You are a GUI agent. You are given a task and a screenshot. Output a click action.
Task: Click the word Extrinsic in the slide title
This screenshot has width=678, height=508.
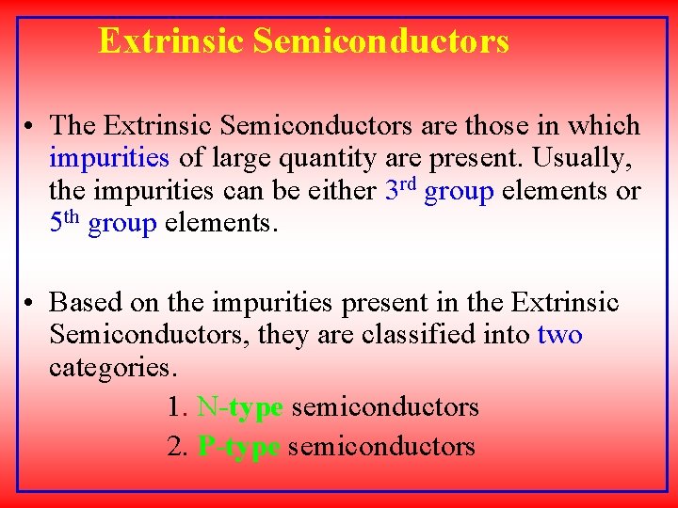(x=170, y=41)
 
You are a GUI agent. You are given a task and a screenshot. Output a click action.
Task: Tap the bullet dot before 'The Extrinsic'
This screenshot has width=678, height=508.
(x=31, y=126)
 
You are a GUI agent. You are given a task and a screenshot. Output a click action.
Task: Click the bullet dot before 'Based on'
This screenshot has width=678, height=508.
(x=31, y=303)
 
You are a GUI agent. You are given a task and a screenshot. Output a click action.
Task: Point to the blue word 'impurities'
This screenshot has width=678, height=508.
(x=109, y=158)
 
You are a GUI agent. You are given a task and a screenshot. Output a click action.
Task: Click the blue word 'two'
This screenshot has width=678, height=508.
(x=559, y=335)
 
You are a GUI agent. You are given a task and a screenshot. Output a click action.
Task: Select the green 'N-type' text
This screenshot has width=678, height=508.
(x=240, y=407)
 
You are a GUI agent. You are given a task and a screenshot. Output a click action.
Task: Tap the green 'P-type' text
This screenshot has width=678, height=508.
(x=239, y=446)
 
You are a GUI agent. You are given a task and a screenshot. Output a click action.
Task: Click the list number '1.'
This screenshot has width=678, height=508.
(x=177, y=407)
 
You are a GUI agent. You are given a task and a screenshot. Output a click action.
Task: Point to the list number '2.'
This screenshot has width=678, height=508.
(x=177, y=446)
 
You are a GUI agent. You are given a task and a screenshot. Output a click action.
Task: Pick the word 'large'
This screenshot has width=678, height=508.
(x=235, y=158)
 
